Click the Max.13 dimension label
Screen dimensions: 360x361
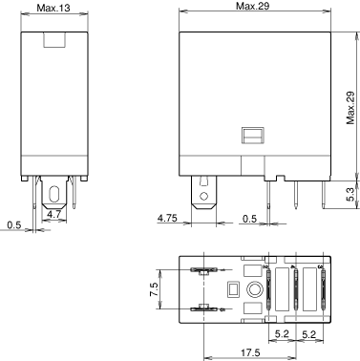click(x=53, y=8)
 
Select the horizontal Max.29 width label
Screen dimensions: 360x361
click(x=252, y=6)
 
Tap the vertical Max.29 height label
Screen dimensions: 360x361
click(x=350, y=108)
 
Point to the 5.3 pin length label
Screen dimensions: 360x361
click(x=350, y=194)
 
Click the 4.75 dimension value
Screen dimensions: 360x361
click(x=167, y=218)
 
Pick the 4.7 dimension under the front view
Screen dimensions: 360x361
click(x=53, y=214)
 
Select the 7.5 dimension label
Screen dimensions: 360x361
click(x=154, y=289)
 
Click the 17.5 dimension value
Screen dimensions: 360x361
click(x=250, y=352)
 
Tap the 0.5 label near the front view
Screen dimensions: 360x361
click(x=14, y=225)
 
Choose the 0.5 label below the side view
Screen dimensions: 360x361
click(x=249, y=219)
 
